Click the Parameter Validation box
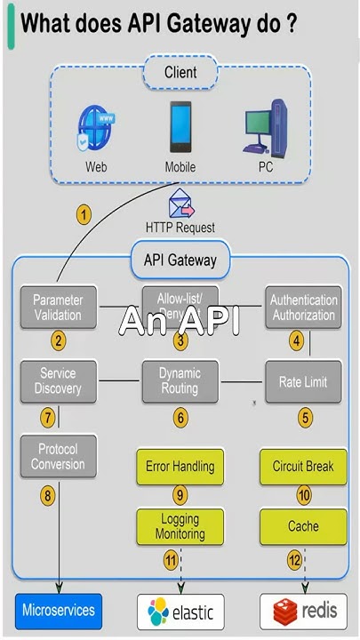click(58, 308)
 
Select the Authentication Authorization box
click(303, 308)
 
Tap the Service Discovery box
click(58, 380)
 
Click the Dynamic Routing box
click(180, 380)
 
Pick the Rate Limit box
click(303, 381)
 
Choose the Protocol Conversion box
click(58, 456)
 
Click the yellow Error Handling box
click(180, 466)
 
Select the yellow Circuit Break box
click(303, 466)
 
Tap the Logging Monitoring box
click(180, 526)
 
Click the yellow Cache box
click(303, 526)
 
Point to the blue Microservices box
click(58, 612)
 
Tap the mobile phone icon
click(180, 127)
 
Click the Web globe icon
click(95, 128)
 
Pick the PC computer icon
click(265, 128)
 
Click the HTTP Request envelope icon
click(181, 204)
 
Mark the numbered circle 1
click(84, 214)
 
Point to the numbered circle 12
click(295, 560)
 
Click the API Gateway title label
click(180, 260)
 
